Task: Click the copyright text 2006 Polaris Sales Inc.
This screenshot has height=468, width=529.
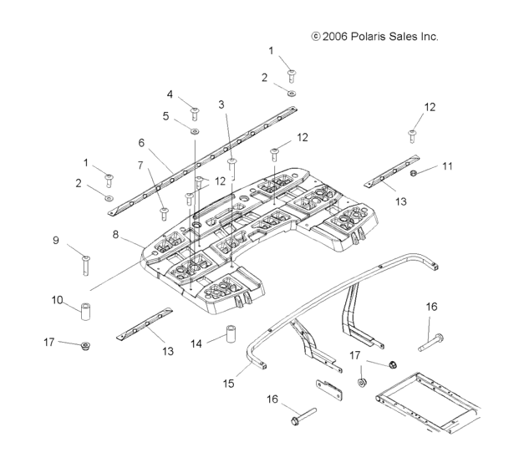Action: [374, 37]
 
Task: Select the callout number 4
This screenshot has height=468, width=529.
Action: [170, 94]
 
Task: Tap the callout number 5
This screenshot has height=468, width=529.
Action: [166, 116]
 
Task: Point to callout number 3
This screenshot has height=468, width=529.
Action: [222, 104]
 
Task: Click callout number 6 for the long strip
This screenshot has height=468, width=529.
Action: [142, 143]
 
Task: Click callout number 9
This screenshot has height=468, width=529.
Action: [57, 241]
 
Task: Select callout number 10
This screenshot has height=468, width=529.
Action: [58, 299]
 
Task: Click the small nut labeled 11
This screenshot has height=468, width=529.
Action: [414, 172]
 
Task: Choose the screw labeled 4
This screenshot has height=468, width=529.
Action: [195, 110]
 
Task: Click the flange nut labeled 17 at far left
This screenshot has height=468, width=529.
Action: [86, 346]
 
